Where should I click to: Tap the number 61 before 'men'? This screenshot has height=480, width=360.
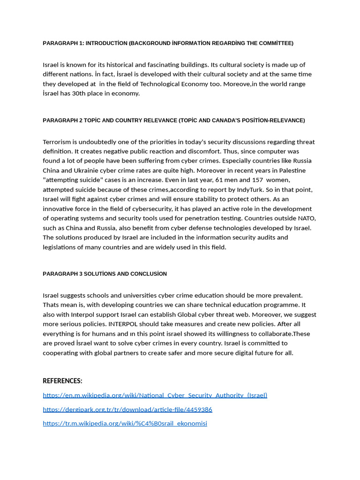click(219, 180)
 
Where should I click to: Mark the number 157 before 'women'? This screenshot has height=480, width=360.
click(258, 180)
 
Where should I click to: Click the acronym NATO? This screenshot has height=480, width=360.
click(307, 218)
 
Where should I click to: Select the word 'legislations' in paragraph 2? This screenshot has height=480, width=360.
click(61, 247)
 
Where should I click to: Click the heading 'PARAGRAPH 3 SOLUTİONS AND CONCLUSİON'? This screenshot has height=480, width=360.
click(105, 274)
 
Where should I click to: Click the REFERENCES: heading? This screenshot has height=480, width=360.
click(62, 381)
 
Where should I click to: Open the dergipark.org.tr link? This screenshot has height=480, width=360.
click(127, 409)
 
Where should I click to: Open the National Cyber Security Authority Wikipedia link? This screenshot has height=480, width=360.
click(155, 395)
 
